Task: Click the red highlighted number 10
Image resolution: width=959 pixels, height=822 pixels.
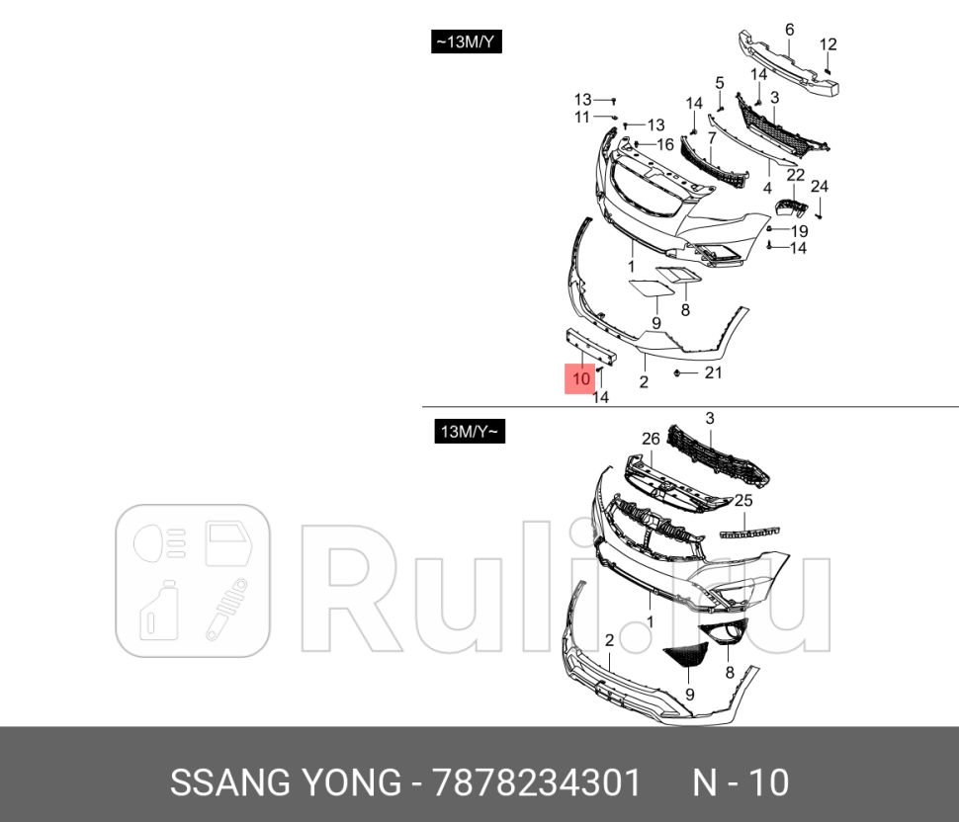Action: click(580, 378)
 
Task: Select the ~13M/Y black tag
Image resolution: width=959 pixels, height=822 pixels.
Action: click(467, 42)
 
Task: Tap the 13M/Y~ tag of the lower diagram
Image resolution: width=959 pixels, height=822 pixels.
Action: click(470, 432)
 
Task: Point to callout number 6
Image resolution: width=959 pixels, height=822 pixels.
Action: click(789, 30)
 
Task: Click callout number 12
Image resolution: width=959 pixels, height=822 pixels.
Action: click(828, 44)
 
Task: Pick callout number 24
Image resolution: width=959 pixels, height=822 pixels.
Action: click(820, 187)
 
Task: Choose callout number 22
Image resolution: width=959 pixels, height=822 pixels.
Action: click(796, 175)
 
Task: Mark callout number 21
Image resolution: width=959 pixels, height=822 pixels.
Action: click(713, 372)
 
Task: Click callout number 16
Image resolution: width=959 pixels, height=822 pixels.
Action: click(665, 144)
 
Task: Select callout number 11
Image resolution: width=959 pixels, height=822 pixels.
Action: click(582, 117)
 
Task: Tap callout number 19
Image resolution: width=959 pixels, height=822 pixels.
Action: click(799, 231)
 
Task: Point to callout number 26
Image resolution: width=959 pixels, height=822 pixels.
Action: click(650, 439)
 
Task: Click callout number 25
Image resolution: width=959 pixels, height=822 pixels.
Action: click(742, 501)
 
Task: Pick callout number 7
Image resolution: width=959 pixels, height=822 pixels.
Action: click(710, 137)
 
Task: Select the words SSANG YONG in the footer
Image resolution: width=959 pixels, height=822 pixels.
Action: click(284, 782)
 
